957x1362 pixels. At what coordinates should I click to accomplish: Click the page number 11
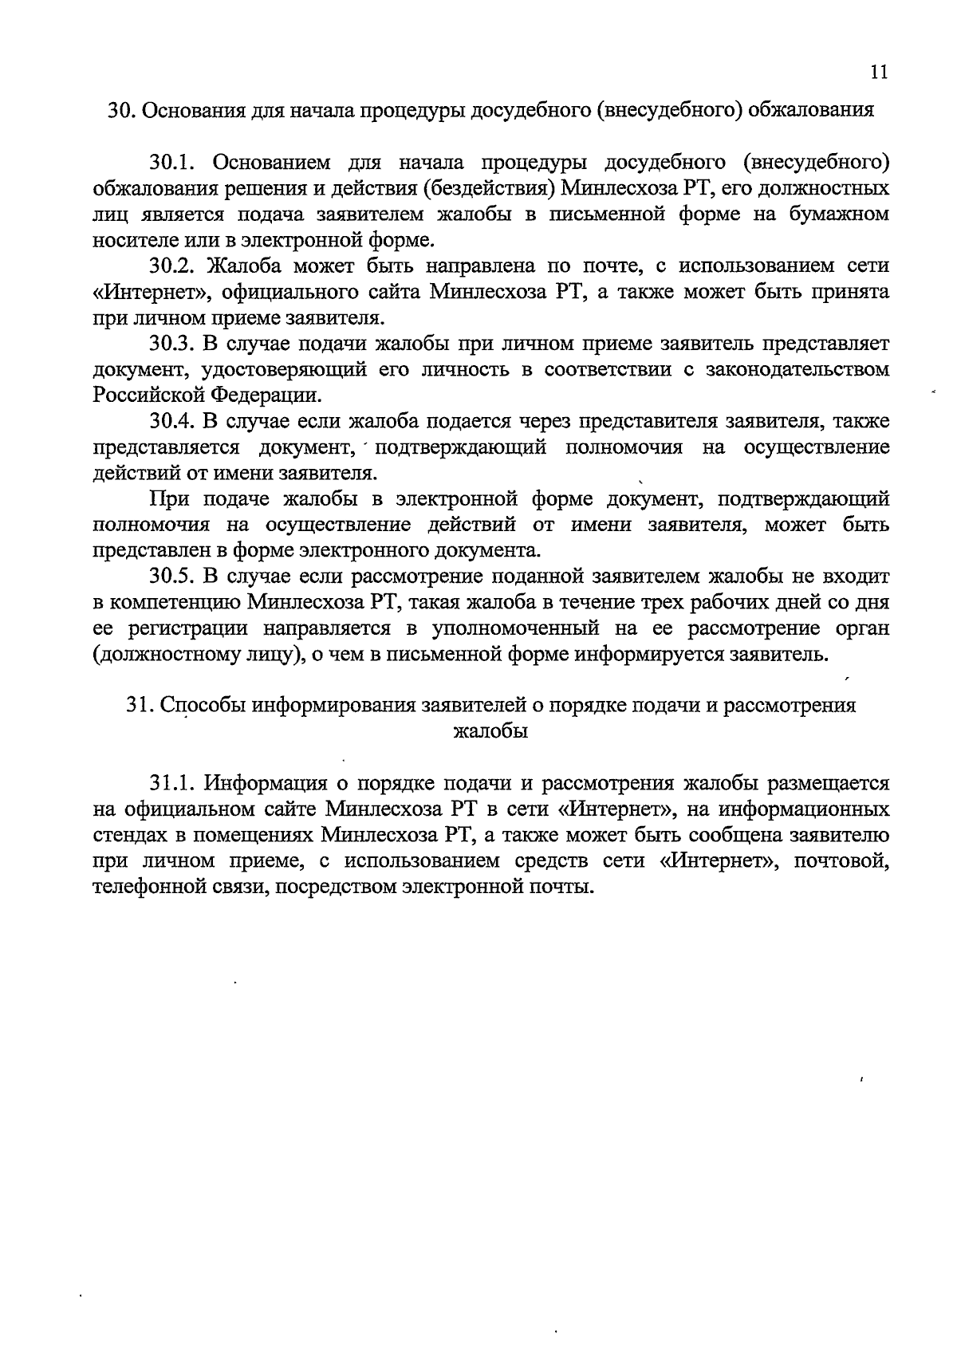click(878, 72)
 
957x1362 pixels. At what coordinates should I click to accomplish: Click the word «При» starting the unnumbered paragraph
click(167, 499)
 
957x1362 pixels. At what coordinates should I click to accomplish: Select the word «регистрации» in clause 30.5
click(184, 628)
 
